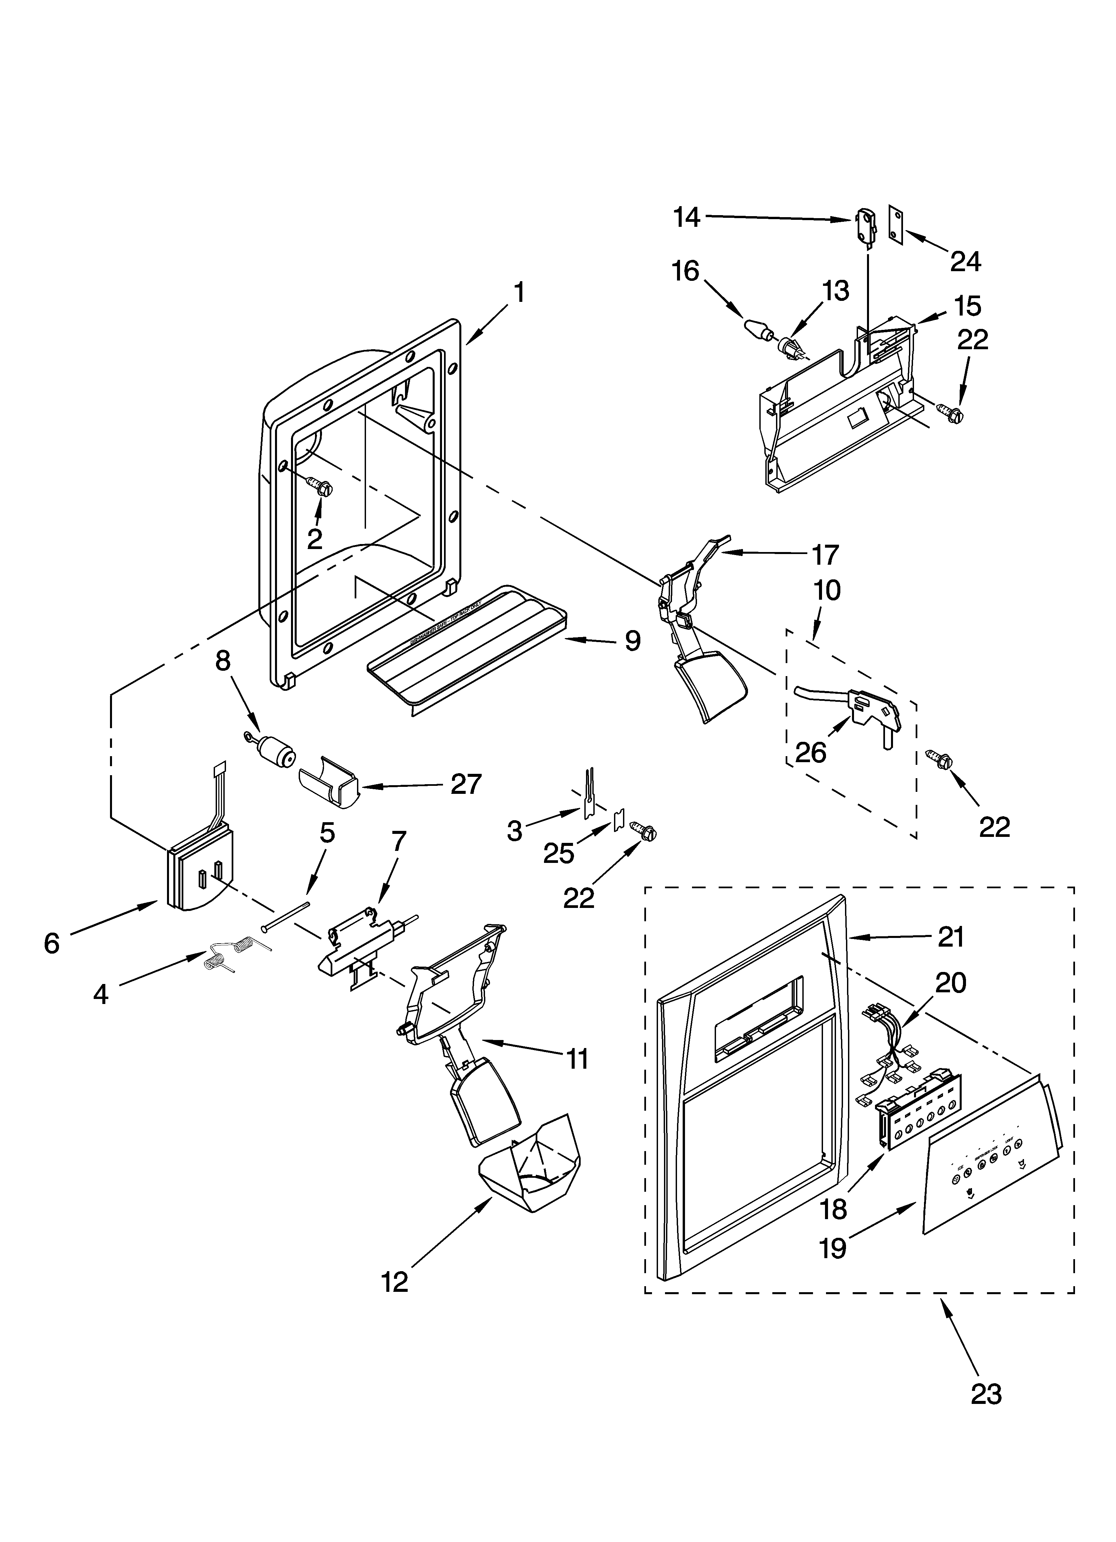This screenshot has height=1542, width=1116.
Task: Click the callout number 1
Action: [x=519, y=293]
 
